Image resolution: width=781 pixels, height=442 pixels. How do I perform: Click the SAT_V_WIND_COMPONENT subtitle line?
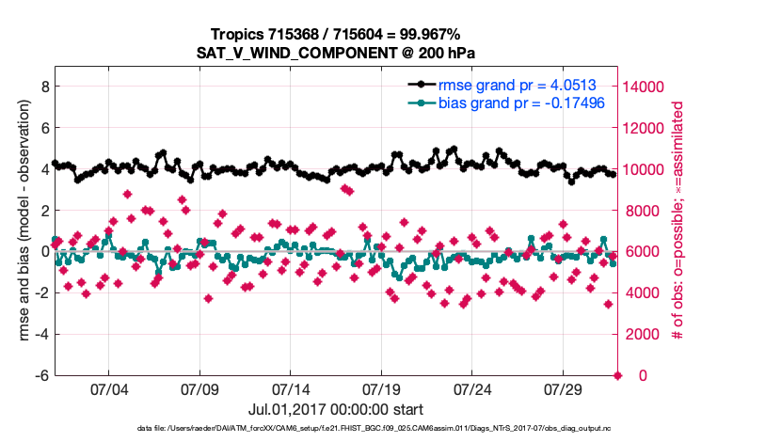tap(338, 52)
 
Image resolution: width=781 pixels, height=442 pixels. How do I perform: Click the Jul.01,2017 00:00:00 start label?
tap(336, 409)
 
